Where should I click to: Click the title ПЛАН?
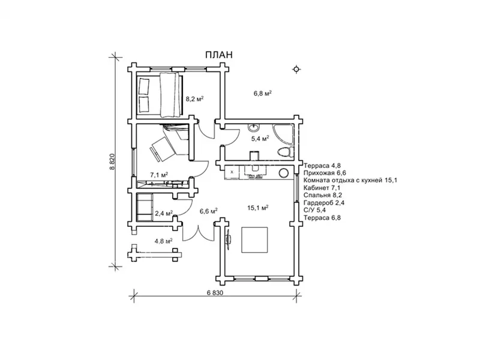pos(218,55)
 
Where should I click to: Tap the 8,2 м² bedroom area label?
pos(194,99)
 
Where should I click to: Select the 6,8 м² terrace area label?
pos(263,94)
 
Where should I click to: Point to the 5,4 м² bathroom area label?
pos(260,139)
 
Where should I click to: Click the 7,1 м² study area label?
pos(159,175)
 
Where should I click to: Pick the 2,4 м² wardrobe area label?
pos(164,213)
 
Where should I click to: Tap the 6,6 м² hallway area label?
pos(209,211)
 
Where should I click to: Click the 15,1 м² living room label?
pos(258,208)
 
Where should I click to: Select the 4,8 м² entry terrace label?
pos(163,241)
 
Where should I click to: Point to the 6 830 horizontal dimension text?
pos(215,293)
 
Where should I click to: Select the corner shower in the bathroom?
pos(284,134)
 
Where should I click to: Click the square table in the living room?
pos(254,239)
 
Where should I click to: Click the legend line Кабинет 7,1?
pos(322,188)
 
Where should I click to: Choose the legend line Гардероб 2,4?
pos(324,203)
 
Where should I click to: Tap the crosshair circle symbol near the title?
pos(296,70)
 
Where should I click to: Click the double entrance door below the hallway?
pos(199,233)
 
